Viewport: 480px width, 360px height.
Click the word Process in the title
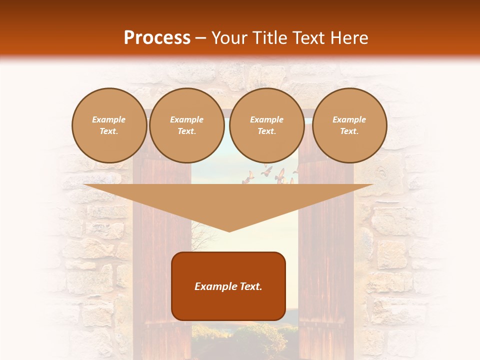click(x=157, y=38)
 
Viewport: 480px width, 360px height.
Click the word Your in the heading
click(x=229, y=38)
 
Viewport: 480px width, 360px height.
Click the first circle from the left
click(x=109, y=125)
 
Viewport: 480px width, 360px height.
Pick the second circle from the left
click(x=187, y=125)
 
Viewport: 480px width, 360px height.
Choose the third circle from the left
click(x=266, y=125)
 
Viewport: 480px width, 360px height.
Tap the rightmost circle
click(x=349, y=125)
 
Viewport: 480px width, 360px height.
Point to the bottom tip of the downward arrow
click(x=229, y=231)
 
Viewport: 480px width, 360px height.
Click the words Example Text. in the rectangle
click(x=228, y=286)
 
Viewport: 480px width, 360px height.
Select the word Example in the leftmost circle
click(x=109, y=119)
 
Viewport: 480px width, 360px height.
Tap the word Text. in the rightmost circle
click(x=349, y=131)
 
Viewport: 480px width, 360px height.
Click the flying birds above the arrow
click(x=270, y=174)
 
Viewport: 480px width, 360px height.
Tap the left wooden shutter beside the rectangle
click(x=155, y=260)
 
